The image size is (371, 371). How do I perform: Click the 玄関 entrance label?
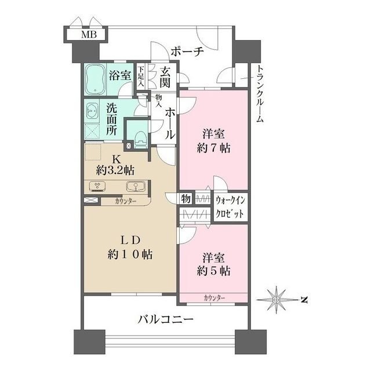[x=166, y=78]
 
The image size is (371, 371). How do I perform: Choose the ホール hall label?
[x=170, y=122]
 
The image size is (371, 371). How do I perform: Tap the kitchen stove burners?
[x=97, y=187]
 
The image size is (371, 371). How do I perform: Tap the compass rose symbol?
[x=278, y=299]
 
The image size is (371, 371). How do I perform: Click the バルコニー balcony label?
[x=165, y=319]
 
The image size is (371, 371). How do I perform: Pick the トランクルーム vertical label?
[x=259, y=93]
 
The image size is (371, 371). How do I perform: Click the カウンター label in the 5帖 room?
[x=214, y=297]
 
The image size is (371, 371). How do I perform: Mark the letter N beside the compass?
[x=303, y=299]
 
